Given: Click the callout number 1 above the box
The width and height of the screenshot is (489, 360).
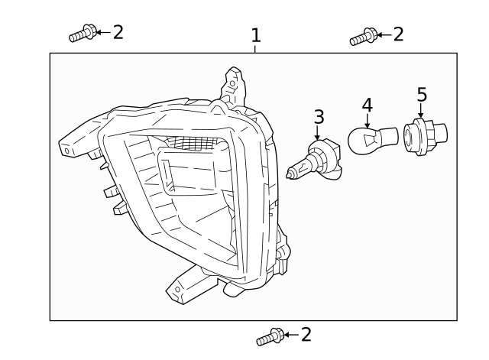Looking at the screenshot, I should point(256,35).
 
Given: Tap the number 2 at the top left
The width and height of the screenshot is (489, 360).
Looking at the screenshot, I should point(118,32).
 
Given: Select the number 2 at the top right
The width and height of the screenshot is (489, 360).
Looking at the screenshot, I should point(398,34).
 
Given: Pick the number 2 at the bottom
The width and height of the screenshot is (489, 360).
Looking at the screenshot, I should point(306,334).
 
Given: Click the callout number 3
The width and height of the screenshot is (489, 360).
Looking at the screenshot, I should point(319,117).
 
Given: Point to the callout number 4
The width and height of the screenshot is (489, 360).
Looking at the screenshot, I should point(367,104).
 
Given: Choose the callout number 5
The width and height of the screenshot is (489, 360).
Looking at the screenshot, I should point(421,95).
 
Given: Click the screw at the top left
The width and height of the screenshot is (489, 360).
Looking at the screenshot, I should point(81,34).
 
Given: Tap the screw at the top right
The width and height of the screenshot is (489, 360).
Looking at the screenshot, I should point(363,36).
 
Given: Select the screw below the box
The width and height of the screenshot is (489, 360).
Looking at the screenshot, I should point(270,336).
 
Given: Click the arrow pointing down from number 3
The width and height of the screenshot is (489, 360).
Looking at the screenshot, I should point(318,134).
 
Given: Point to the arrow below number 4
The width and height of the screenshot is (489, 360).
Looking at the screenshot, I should point(367,119).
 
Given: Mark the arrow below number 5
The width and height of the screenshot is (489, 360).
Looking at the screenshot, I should point(420,111).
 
